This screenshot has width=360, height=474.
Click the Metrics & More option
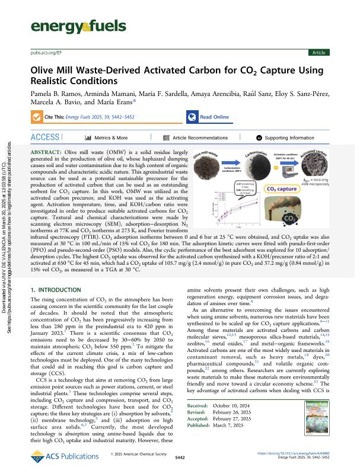[x=113, y=137]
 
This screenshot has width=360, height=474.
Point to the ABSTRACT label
[x=47, y=153]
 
